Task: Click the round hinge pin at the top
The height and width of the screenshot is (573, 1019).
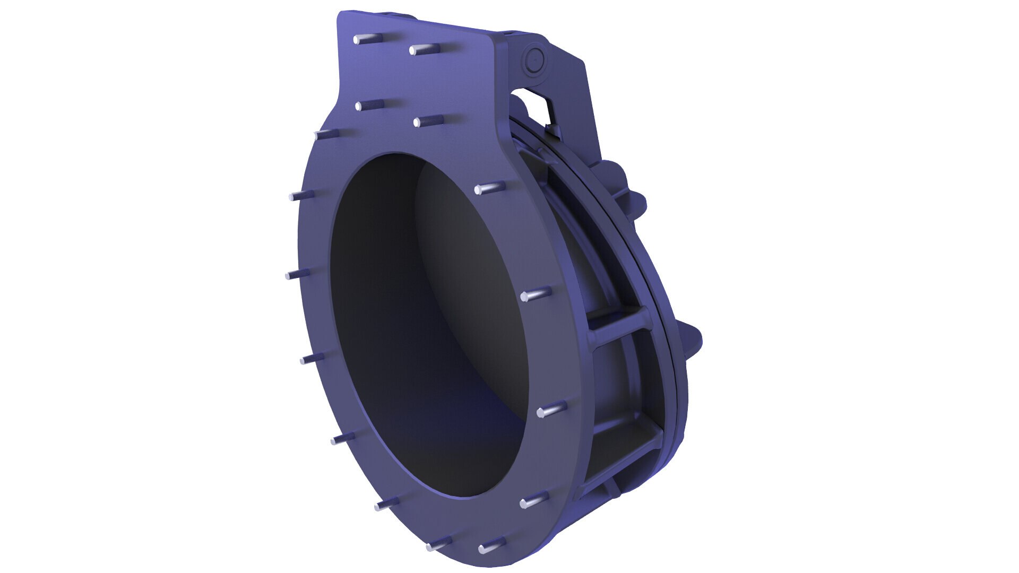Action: pos(535,60)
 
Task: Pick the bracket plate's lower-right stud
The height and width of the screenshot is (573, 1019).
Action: pos(428,121)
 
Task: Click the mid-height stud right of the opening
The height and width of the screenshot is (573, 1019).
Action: pos(536,294)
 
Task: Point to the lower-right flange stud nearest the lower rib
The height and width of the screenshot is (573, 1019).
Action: pos(533,501)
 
